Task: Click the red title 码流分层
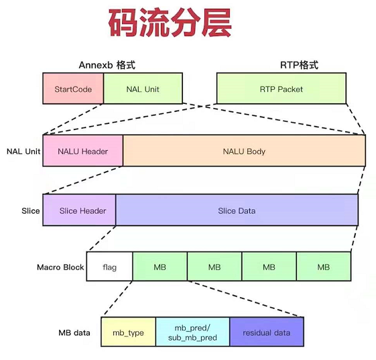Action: pos(170,24)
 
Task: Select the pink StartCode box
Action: pos(72,89)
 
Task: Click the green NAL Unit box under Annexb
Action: pos(143,89)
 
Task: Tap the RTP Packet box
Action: pos(281,89)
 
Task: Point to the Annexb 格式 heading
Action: pos(112,65)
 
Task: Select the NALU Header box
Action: pos(82,152)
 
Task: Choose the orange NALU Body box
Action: pos(244,152)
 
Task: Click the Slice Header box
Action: pos(78,211)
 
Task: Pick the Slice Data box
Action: pos(237,211)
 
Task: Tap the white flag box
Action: pos(110,267)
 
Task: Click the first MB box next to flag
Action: pos(160,267)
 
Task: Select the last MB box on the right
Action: pos(324,267)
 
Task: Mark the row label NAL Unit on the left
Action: pos(23,152)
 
